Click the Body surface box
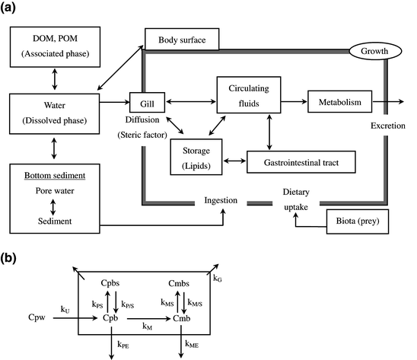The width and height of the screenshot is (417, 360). [x=181, y=40]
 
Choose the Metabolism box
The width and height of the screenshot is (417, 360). [x=340, y=101]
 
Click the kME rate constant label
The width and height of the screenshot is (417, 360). [x=194, y=344]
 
